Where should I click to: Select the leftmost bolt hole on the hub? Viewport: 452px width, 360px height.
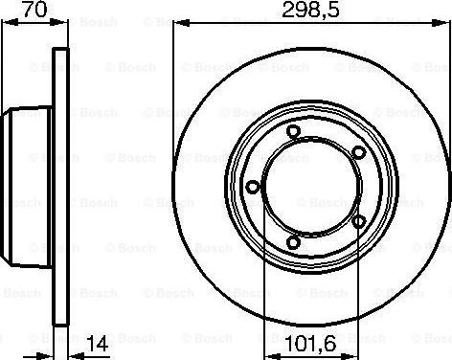tap(252, 188)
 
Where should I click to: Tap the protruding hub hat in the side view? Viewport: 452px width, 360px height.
tap(29, 188)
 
